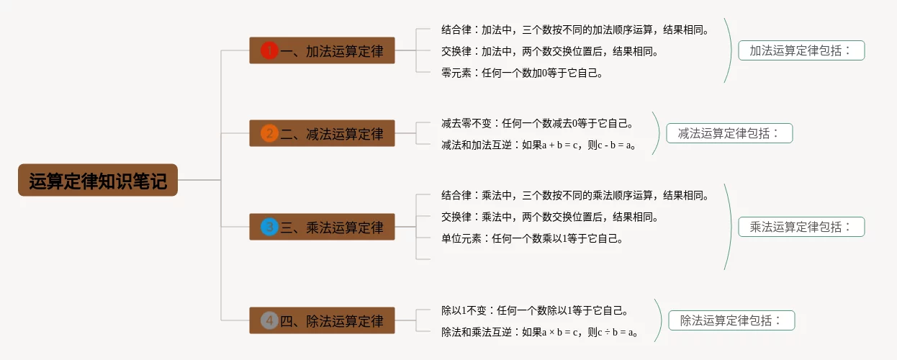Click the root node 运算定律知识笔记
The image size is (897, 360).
pos(97,180)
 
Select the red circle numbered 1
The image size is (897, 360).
pos(269,50)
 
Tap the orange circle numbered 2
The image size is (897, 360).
pos(269,133)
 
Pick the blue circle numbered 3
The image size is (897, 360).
pos(269,227)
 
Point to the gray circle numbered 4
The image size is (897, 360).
pos(269,320)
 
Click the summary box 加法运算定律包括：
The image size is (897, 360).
pos(801,50)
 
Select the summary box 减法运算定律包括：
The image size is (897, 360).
pos(729,133)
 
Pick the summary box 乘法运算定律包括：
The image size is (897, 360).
pos(801,227)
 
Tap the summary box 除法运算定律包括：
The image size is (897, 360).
pos(731,320)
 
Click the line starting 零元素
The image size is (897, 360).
pos(522,72)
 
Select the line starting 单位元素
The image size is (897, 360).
pos(532,238)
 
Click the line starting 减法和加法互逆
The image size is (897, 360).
pos(538,145)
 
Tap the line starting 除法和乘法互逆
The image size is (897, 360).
pos(540,332)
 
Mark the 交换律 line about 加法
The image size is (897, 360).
pos(550,51)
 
